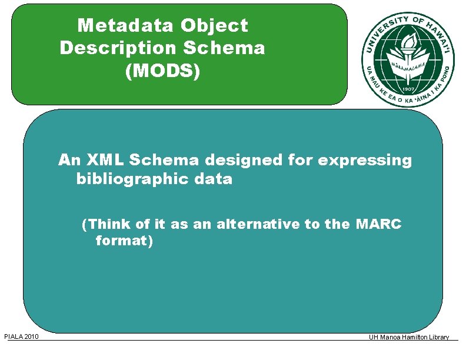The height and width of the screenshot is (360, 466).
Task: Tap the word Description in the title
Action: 112,48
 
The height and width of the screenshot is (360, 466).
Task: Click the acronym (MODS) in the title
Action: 162,71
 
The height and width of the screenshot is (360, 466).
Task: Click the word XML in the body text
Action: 104,160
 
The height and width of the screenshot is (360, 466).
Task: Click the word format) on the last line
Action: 124,241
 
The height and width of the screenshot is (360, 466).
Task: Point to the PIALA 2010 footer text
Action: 21,336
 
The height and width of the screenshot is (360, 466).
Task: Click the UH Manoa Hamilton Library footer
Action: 408,337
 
